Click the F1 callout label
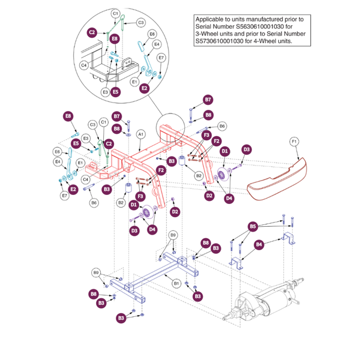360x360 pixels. point(294,142)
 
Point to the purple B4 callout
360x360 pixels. point(260,245)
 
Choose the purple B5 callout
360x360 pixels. point(253,226)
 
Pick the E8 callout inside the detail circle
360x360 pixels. point(115,39)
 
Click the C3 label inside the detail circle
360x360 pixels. point(141,22)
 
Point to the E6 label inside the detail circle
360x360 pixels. point(152,34)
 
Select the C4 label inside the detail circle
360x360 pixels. point(85,65)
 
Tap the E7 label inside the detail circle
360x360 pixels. point(161,58)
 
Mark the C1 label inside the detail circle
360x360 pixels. point(116,13)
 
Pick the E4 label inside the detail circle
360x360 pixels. point(157,44)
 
